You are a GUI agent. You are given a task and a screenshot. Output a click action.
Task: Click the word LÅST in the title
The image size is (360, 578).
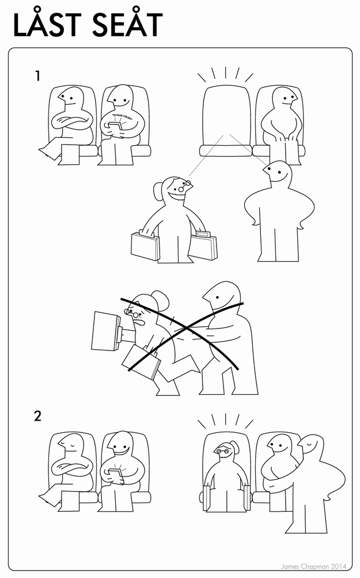(x=50, y=25)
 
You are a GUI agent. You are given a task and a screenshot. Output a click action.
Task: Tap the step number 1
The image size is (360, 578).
(x=38, y=75)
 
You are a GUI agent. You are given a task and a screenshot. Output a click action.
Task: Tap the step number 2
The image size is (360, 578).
(x=38, y=416)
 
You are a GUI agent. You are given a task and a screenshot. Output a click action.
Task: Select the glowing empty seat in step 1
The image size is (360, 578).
(x=227, y=118)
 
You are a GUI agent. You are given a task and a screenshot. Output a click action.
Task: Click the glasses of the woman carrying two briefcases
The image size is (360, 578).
(x=185, y=186)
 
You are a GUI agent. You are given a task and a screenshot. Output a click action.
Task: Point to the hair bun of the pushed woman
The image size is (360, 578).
(x=160, y=299)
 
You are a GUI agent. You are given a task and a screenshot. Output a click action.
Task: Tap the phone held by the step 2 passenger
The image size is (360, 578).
(x=115, y=475)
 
